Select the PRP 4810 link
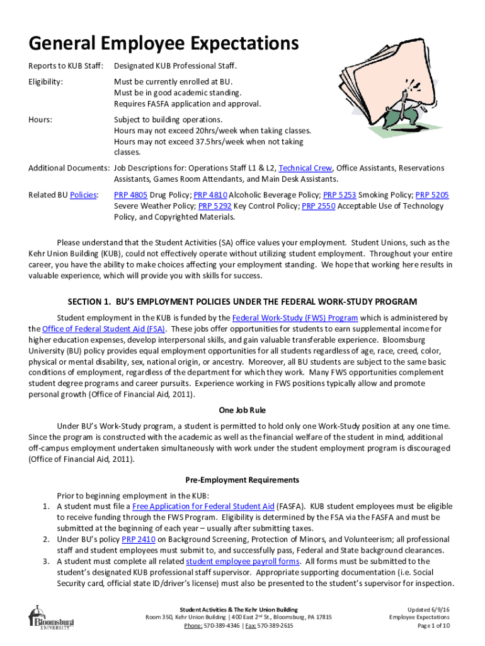[x=210, y=195]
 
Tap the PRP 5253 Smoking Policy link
[x=339, y=195]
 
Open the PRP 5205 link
[x=432, y=195]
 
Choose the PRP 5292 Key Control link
[x=214, y=206]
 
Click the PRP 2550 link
[x=319, y=206]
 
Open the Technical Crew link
[x=305, y=168]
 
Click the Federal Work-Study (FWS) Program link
[x=295, y=318]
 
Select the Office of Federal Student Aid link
[x=104, y=329]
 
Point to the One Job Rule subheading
[x=243, y=410]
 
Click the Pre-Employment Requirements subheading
[x=243, y=479]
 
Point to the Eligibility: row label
[x=46, y=81]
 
